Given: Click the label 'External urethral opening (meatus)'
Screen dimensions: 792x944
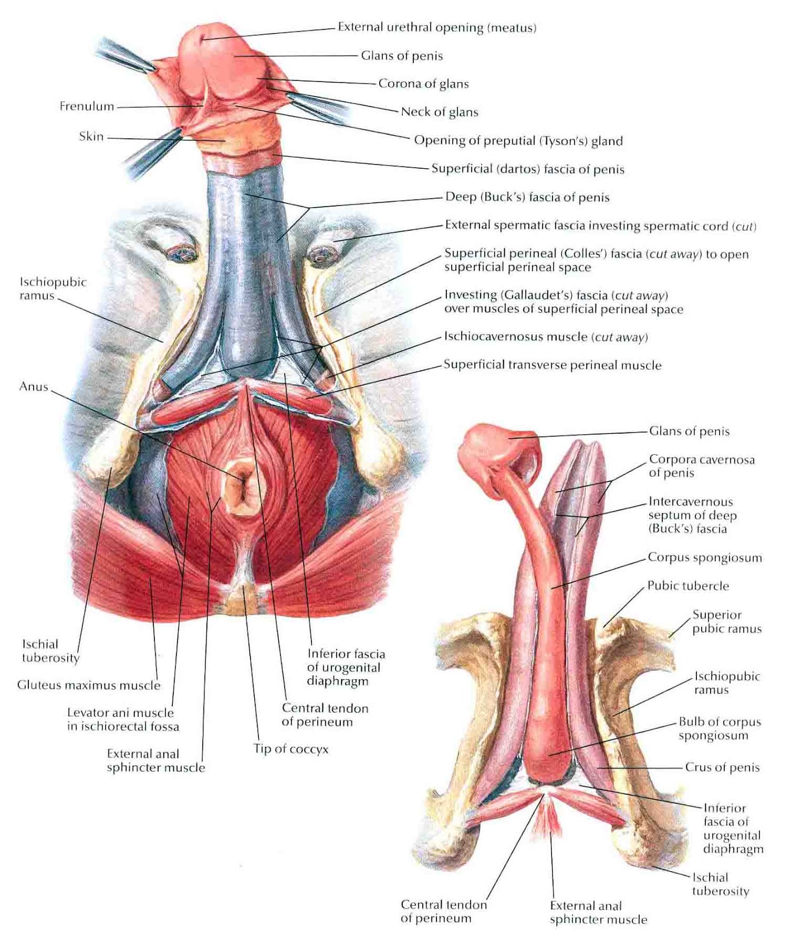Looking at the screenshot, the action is pos(437,28).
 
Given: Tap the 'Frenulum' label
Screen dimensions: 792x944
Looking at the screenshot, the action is pos(87,106).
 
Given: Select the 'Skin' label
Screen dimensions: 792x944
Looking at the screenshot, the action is pos(91,136).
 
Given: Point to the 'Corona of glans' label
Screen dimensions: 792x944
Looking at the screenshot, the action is pos(423,84).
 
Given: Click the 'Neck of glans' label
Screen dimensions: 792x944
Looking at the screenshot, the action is pos(439,112).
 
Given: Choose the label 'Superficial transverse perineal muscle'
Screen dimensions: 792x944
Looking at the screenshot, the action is pos(552,365).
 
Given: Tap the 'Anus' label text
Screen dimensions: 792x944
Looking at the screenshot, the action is pos(34,387).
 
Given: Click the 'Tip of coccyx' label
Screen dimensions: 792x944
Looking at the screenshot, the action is pos(291,749).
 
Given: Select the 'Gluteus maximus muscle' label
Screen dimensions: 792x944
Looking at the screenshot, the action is pos(88,685).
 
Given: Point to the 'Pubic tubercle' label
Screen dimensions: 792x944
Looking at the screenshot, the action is pos(688,586).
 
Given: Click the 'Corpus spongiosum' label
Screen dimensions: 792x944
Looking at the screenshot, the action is pos(705,558).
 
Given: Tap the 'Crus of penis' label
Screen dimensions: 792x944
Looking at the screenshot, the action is pos(722,768).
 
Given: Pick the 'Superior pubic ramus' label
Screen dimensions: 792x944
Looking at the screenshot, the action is pos(727,622).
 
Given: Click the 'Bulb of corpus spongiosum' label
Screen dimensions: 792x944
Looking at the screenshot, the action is pos(719,729).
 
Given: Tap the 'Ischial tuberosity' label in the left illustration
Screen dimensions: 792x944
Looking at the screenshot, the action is pos(51,651).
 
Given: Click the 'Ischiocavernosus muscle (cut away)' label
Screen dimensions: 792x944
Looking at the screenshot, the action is pos(545,337).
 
